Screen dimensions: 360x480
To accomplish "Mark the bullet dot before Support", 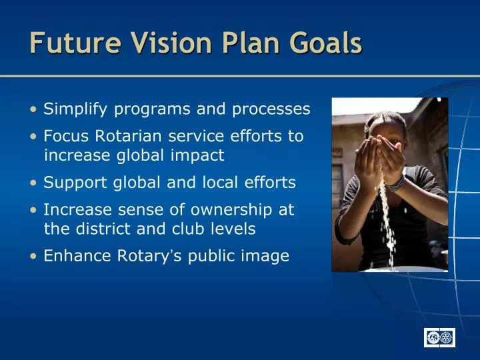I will coord(33,183).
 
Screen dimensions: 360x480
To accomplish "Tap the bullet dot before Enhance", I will coord(33,256).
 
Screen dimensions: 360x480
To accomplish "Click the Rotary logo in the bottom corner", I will coord(439,338).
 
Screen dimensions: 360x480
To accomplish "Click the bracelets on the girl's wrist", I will coord(396,182).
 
